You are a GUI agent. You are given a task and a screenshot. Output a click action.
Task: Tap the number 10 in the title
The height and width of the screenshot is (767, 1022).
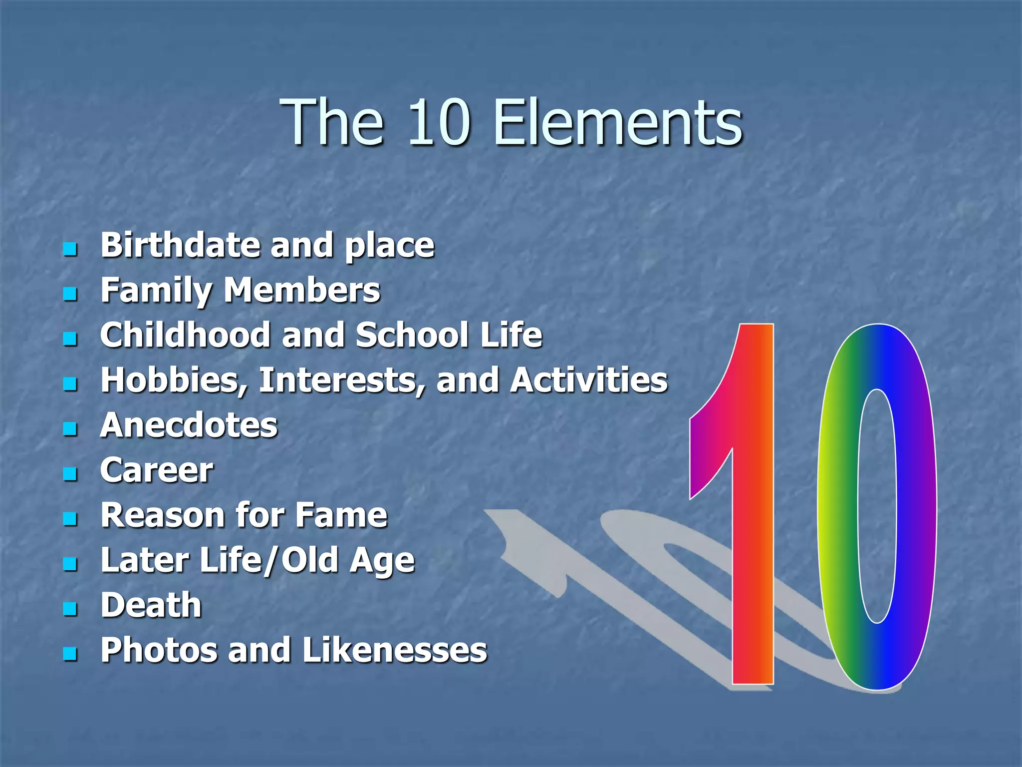coord(439,122)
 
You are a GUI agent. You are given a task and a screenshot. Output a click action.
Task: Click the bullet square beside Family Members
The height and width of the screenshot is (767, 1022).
coord(70,293)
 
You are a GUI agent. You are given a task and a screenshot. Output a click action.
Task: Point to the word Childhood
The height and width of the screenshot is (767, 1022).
coord(185,335)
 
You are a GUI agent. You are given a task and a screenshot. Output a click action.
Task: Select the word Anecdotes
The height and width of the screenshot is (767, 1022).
coord(189,425)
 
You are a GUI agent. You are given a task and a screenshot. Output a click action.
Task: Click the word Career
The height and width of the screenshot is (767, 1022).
coord(157,470)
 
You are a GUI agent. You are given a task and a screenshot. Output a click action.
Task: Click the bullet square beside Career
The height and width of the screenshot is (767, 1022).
coord(70,473)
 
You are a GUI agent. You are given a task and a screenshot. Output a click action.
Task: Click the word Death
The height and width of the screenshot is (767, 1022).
coord(151,605)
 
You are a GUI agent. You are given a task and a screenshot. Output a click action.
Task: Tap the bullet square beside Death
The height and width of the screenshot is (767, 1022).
coord(70,608)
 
